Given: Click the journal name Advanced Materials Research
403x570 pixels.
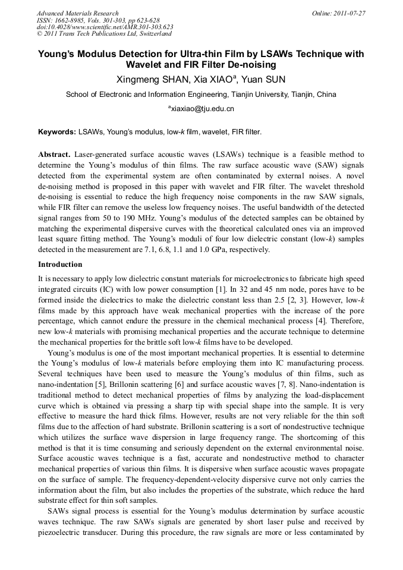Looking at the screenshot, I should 78,13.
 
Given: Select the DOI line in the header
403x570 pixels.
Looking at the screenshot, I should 105,27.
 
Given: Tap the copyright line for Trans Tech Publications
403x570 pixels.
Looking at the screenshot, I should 104,34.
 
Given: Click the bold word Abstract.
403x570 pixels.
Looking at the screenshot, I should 55,154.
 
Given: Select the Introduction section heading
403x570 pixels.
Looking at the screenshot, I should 60,264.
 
